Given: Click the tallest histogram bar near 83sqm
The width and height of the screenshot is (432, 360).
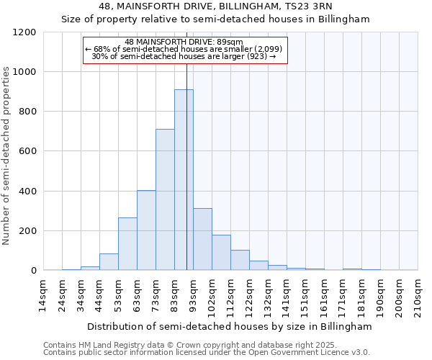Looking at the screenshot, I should click(x=184, y=180).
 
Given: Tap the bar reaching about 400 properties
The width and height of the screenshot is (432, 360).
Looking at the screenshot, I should click(x=146, y=230).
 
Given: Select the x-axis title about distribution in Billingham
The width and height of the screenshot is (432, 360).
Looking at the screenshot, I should click(x=230, y=326).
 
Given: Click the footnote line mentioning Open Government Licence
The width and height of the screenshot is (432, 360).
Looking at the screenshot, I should click(x=207, y=352).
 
